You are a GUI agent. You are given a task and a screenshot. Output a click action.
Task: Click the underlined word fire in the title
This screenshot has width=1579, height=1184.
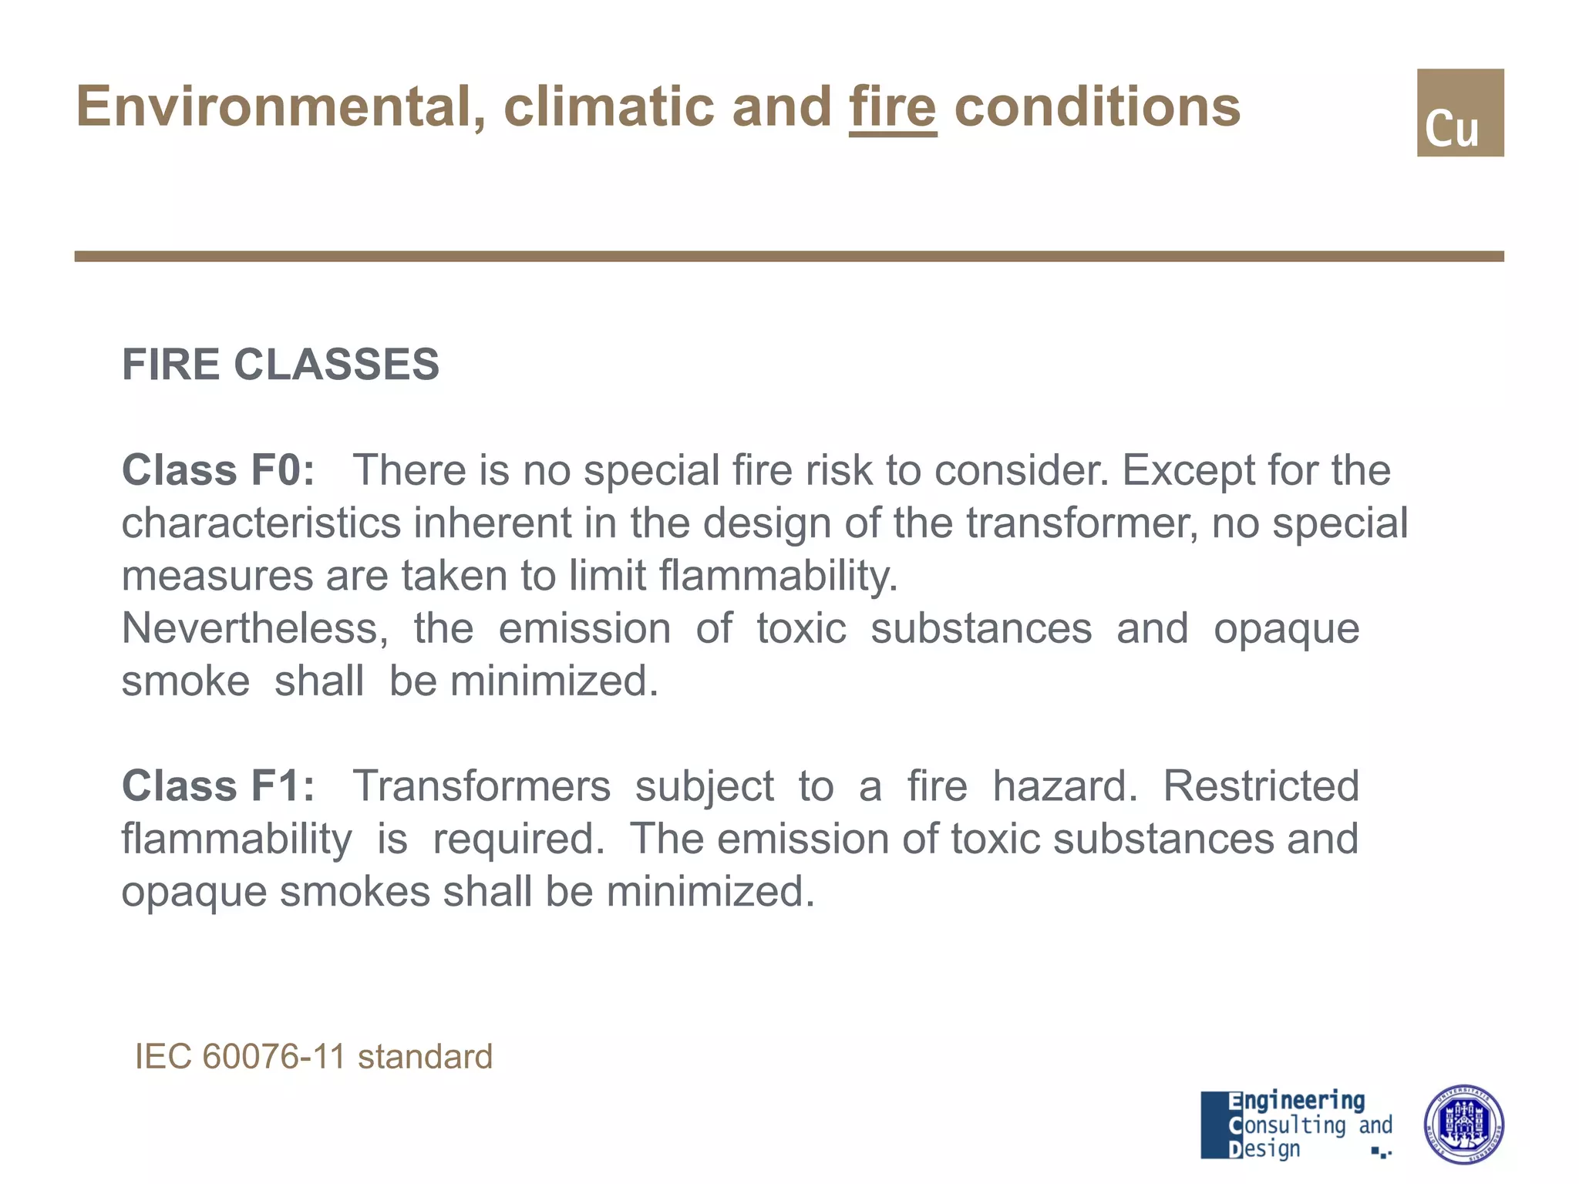[893, 107]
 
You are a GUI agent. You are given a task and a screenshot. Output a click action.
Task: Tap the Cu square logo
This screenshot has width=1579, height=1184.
[1459, 113]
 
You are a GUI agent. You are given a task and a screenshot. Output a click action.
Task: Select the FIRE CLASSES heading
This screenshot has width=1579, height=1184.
[281, 364]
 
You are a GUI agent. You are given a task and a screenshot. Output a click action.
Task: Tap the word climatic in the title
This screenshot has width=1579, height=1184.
[609, 107]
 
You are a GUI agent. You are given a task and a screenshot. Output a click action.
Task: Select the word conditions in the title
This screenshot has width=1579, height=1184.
[1097, 107]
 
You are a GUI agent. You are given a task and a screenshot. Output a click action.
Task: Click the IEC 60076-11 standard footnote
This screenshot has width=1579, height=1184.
[314, 1056]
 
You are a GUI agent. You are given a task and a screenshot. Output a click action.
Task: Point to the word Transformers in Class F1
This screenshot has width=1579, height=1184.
[482, 786]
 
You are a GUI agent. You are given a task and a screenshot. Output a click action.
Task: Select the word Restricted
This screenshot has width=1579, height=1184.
[1261, 786]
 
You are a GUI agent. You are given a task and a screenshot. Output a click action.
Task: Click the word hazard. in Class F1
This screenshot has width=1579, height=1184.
[1065, 786]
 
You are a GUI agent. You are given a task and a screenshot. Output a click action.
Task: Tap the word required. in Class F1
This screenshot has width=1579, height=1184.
[519, 839]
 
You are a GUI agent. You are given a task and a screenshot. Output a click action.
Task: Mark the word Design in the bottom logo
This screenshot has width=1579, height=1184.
[1264, 1149]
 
